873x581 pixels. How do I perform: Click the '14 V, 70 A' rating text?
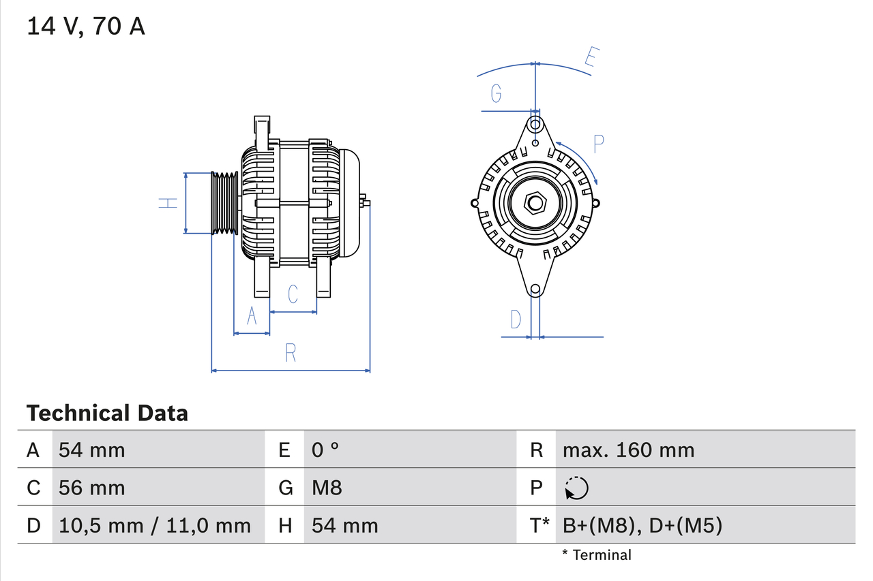pyautogui.click(x=86, y=27)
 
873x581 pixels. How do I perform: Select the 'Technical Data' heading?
pyautogui.click(x=107, y=413)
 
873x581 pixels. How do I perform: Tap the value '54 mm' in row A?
pyautogui.click(x=92, y=450)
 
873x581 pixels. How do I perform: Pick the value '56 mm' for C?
pyautogui.click(x=92, y=488)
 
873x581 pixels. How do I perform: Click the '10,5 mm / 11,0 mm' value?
pyautogui.click(x=155, y=525)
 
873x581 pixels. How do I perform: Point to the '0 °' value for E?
pyautogui.click(x=325, y=450)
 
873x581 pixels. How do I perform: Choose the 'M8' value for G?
pyautogui.click(x=327, y=488)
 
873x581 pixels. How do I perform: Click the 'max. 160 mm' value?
pyautogui.click(x=628, y=450)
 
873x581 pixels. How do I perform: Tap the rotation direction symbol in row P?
pyautogui.click(x=576, y=488)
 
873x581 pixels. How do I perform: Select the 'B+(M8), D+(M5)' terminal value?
pyautogui.click(x=642, y=525)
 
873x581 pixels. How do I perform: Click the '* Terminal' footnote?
pyautogui.click(x=597, y=555)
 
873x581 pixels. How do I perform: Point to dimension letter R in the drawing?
pyautogui.click(x=291, y=353)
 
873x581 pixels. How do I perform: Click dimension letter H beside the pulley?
pyautogui.click(x=168, y=202)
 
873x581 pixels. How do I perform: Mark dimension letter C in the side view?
pyautogui.click(x=293, y=294)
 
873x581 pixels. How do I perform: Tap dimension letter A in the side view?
pyautogui.click(x=252, y=317)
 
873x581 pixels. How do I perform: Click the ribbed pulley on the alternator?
pyautogui.click(x=224, y=203)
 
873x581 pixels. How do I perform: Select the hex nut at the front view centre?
pyautogui.click(x=535, y=203)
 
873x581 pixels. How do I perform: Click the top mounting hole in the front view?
pyautogui.click(x=535, y=125)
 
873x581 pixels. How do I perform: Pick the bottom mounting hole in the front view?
pyautogui.click(x=535, y=289)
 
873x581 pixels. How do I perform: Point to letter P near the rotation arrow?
pyautogui.click(x=598, y=144)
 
